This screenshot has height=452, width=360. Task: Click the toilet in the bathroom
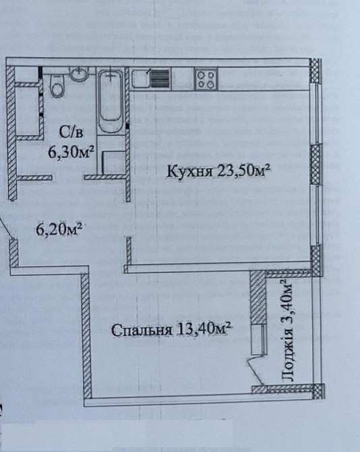(57, 85)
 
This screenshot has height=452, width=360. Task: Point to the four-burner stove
(206, 80)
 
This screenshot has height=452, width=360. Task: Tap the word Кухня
(191, 172)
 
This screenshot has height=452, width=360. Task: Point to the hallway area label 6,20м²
(59, 230)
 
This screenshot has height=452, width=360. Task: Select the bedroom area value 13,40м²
(205, 331)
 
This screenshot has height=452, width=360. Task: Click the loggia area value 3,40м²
(285, 300)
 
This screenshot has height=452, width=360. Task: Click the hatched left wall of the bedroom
(85, 337)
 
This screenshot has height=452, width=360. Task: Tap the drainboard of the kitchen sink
(158, 80)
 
